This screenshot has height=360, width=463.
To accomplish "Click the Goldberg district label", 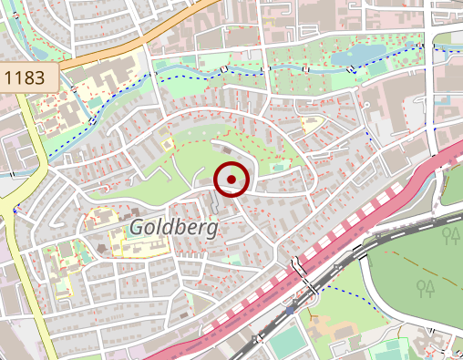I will (173, 227).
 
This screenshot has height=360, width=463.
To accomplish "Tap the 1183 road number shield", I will (25, 77).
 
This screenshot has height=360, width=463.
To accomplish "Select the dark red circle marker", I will (231, 179).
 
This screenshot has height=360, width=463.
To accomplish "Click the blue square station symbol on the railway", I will (289, 311).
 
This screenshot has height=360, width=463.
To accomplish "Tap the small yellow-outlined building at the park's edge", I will (166, 142).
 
